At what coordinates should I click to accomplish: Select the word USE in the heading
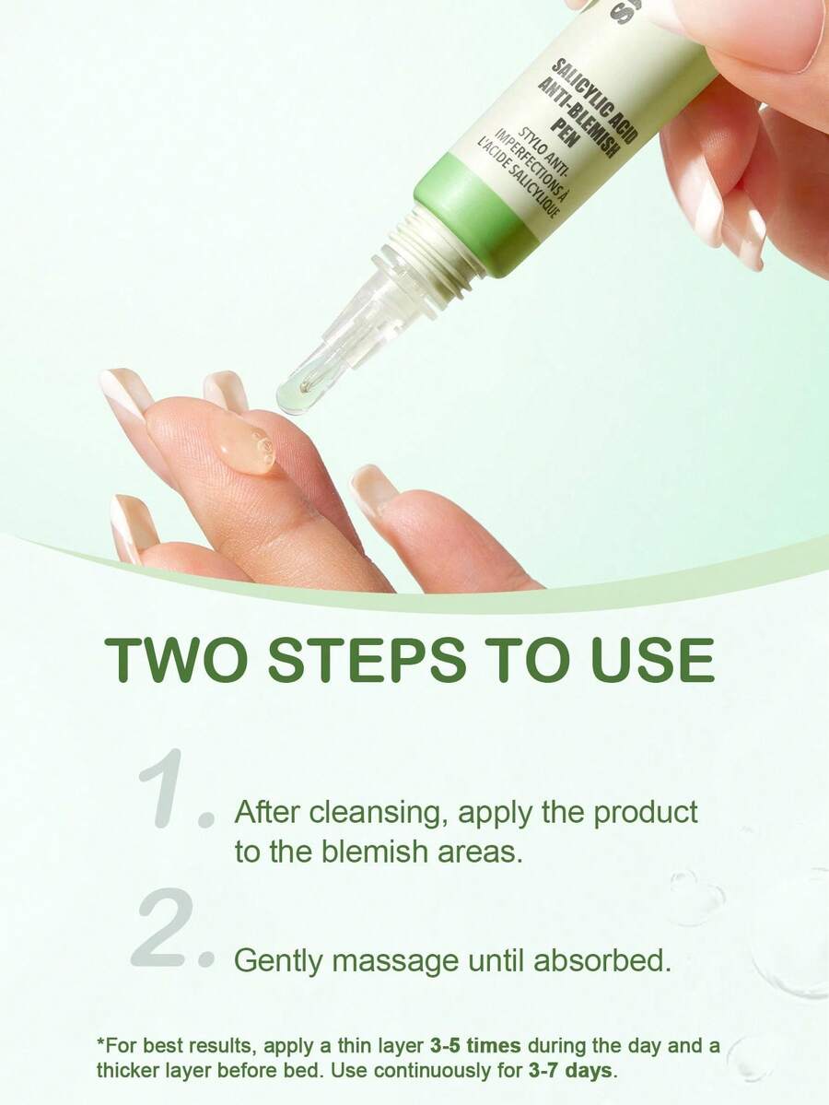[x=653, y=660]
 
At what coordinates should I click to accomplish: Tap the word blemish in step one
[x=375, y=852]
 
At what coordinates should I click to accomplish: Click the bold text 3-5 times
[x=475, y=1045]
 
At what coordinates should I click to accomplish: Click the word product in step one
[x=646, y=813]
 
